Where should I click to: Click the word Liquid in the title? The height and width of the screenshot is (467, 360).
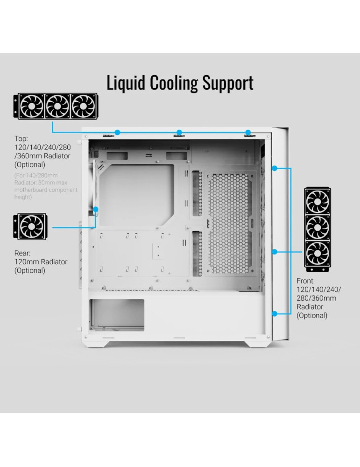click(126, 83)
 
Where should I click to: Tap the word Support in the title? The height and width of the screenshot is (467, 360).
click(228, 83)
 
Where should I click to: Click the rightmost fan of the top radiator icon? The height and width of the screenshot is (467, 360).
click(83, 106)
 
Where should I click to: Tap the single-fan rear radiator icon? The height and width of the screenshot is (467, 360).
click(32, 227)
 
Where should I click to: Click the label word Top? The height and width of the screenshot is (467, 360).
click(21, 139)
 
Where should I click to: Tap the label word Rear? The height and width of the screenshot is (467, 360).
click(23, 253)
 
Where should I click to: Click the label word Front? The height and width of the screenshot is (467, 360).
click(306, 282)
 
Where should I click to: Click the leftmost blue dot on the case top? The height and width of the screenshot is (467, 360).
click(118, 132)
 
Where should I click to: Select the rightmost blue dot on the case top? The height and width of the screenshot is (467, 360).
click(248, 132)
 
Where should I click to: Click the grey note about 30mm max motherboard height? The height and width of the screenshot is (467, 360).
click(45, 186)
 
